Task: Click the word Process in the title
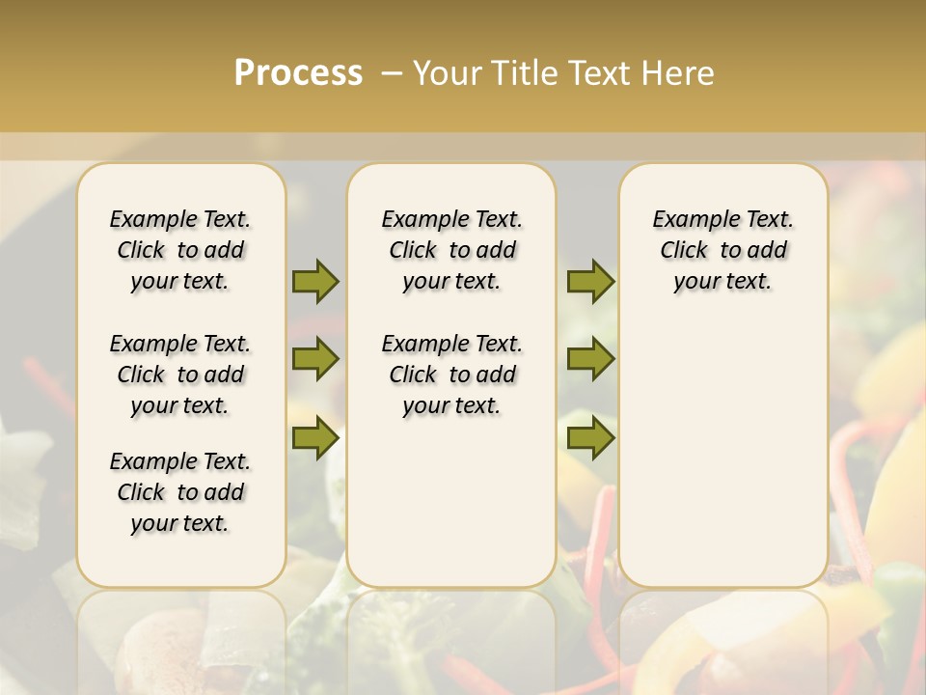click(x=298, y=72)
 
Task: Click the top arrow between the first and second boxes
click(x=315, y=281)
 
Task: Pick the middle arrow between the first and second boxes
click(x=315, y=359)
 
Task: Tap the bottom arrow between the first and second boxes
click(x=315, y=438)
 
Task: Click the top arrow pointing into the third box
click(x=590, y=281)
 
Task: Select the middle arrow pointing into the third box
click(x=590, y=359)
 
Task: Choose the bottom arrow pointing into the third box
click(x=590, y=438)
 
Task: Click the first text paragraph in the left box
click(x=180, y=250)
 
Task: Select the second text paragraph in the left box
click(x=180, y=375)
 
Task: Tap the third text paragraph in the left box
click(x=180, y=492)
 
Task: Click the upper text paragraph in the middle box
click(x=452, y=250)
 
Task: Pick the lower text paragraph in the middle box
click(x=452, y=375)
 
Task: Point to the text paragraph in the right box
click(x=723, y=250)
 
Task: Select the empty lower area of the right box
click(x=723, y=444)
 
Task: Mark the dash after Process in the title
click(x=392, y=72)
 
